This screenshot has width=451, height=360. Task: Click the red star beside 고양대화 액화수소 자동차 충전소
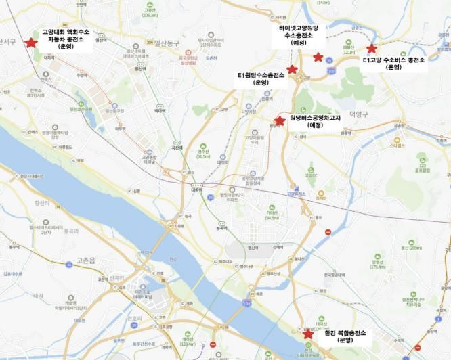[x=30, y=43]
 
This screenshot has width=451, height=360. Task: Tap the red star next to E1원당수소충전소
[x=292, y=69]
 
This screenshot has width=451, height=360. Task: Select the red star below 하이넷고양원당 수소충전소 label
[x=318, y=58]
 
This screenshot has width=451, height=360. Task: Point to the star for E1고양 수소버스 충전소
[x=371, y=49]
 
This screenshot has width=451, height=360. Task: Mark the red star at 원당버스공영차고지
[x=279, y=120]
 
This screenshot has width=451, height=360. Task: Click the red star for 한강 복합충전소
[x=308, y=334]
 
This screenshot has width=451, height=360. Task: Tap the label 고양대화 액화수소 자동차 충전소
[x=65, y=40]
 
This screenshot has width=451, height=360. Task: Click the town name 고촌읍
[x=86, y=259]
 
